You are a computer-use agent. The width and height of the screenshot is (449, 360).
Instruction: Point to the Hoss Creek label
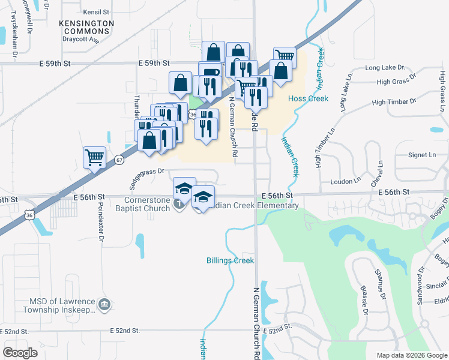point(308,98)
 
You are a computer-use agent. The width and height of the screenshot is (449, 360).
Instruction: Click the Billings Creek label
point(231,260)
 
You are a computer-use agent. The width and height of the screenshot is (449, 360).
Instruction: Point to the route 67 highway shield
point(120,160)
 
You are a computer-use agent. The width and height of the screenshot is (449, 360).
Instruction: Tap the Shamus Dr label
point(379,283)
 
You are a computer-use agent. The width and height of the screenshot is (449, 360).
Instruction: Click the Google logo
point(20,353)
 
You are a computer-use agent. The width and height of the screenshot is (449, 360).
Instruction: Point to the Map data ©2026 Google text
point(412,355)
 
